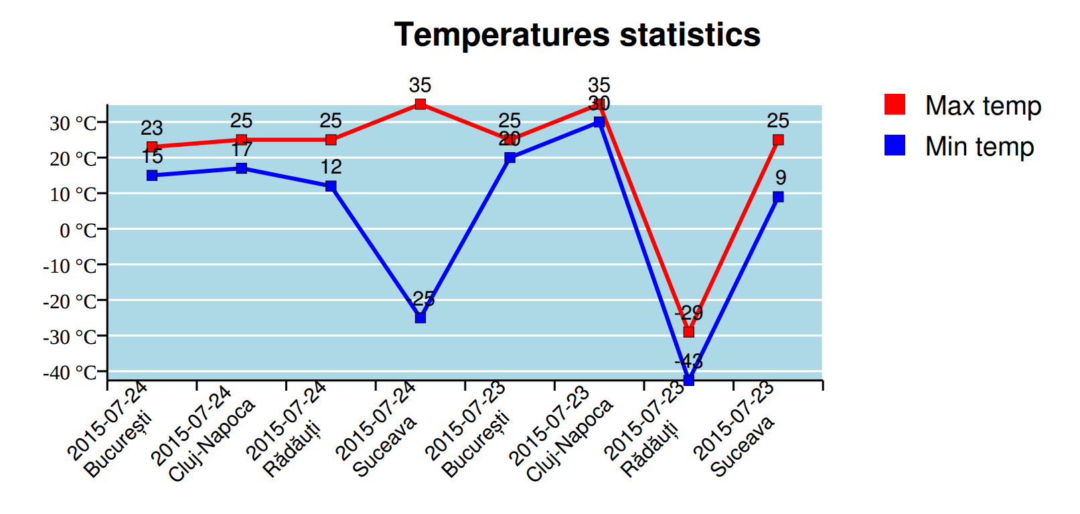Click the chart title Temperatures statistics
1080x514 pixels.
[x=576, y=35]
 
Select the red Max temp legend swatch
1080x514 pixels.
[x=895, y=105]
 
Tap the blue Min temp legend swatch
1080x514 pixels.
[x=895, y=145]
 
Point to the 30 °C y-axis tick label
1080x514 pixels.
[x=74, y=123]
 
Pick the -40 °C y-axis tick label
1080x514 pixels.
[x=71, y=373]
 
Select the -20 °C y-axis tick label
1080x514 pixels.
[x=71, y=302]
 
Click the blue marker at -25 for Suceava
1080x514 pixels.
[x=420, y=318]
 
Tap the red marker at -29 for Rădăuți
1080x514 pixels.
[x=688, y=332]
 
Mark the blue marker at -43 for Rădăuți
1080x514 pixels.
[x=688, y=380]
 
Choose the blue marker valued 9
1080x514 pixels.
[x=778, y=197]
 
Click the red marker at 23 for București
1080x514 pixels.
[x=152, y=147]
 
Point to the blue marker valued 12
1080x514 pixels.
[x=331, y=186]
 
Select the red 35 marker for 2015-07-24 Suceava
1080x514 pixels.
[x=420, y=104]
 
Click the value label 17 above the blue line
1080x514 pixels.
[x=241, y=149]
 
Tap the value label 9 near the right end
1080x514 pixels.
[x=781, y=178]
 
